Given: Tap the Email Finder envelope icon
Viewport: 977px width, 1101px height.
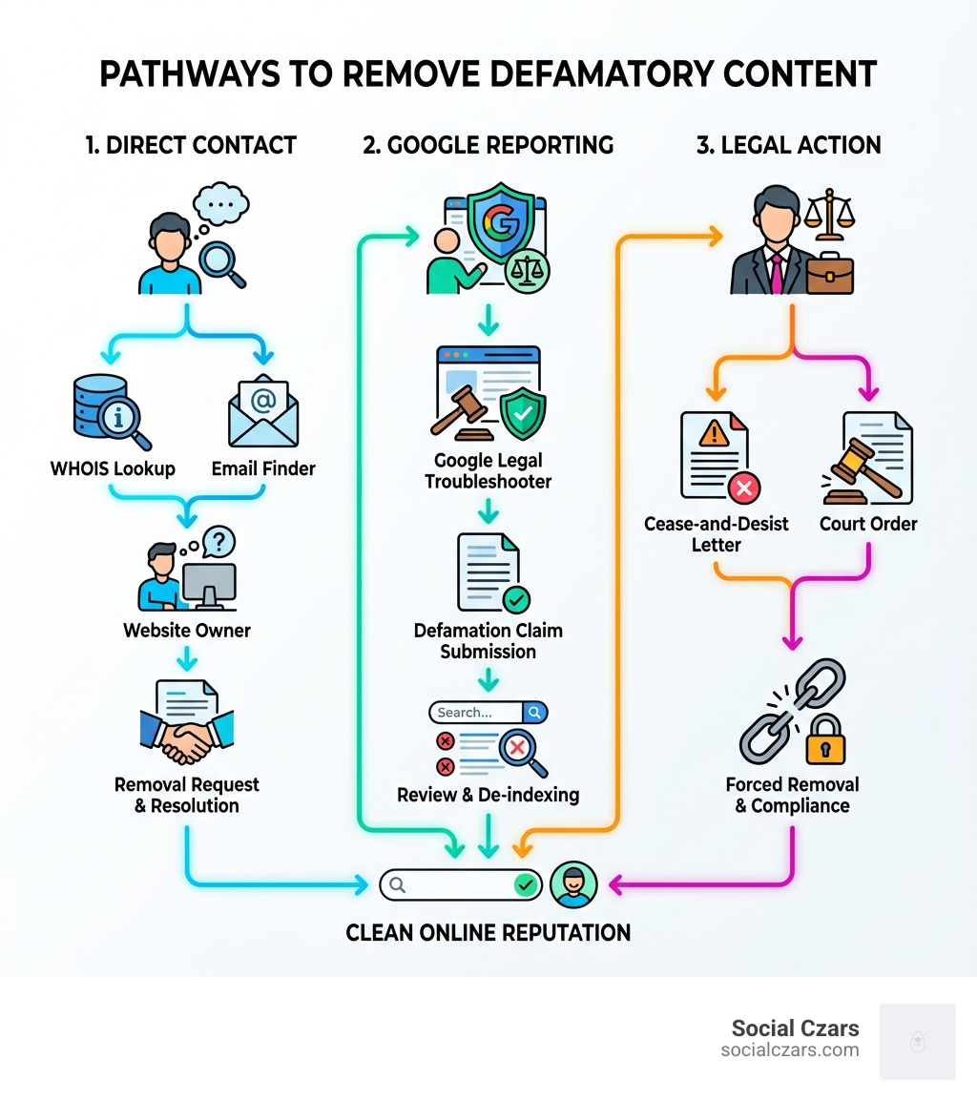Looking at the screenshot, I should coord(263,412).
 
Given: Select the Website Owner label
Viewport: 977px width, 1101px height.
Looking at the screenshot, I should coord(187,630).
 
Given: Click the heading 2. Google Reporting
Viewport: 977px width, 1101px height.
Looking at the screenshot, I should coord(488,145).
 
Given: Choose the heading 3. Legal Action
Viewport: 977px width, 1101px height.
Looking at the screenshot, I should coord(787,145).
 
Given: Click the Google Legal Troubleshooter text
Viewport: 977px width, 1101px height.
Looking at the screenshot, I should coord(488,471).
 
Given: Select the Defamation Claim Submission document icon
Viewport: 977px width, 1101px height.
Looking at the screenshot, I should coord(489,572).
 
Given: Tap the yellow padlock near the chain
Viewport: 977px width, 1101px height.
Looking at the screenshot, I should coord(825,740).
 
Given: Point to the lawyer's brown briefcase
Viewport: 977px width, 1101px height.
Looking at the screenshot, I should coord(827,273).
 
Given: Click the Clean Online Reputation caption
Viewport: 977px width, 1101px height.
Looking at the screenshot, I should coord(488,932).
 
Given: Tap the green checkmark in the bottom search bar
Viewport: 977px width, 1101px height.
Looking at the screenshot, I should coord(526,884).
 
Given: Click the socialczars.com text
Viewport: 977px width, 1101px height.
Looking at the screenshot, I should coord(790,1049).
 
